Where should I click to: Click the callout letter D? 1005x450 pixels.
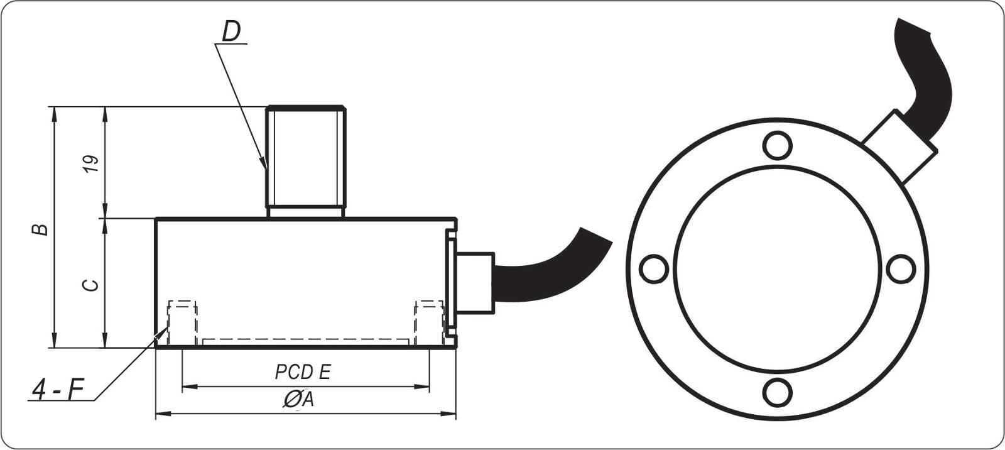click(232, 31)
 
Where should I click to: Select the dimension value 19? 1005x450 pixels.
click(92, 163)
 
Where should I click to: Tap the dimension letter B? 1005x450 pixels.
click(40, 228)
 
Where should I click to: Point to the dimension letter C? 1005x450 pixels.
click(92, 284)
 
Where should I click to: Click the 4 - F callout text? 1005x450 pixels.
click(58, 391)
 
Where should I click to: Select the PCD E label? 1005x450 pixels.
click(302, 372)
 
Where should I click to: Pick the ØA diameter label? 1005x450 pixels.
click(298, 398)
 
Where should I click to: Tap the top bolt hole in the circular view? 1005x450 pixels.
click(777, 145)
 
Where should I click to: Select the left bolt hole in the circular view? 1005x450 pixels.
click(653, 269)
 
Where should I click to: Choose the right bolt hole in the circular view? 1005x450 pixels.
click(901, 269)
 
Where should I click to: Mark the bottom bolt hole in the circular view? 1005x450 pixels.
click(777, 393)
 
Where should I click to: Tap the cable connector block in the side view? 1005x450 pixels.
click(475, 282)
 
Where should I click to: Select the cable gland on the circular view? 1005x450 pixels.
click(899, 144)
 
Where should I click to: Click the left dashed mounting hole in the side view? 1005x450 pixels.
click(182, 322)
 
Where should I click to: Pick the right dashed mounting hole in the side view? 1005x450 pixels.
click(429, 322)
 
